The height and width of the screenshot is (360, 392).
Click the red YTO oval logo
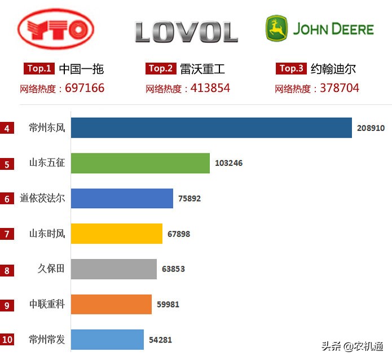[x=56, y=28]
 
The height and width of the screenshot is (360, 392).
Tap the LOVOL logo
[x=186, y=32]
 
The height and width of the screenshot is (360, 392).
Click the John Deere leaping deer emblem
[x=277, y=28]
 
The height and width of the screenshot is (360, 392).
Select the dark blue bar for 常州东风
[x=212, y=128]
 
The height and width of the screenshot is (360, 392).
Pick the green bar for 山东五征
[x=140, y=163]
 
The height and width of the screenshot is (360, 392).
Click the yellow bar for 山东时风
[x=117, y=234]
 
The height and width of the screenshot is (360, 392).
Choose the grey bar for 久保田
[x=114, y=269]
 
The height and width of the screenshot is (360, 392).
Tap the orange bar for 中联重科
[x=111, y=304]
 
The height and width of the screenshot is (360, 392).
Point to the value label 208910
[x=371, y=128]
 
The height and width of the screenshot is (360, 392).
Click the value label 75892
[x=190, y=199]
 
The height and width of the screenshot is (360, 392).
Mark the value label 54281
[x=160, y=340]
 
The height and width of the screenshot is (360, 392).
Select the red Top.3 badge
[x=292, y=69]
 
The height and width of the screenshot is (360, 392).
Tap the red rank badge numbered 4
[x=7, y=129]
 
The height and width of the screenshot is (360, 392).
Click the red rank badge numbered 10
[x=7, y=340]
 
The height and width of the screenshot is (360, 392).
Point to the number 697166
[x=85, y=88]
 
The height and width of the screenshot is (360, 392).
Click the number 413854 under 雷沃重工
[x=210, y=88]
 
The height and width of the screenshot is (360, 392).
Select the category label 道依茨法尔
[x=42, y=199]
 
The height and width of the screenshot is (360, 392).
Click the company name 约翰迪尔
[x=333, y=69]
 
